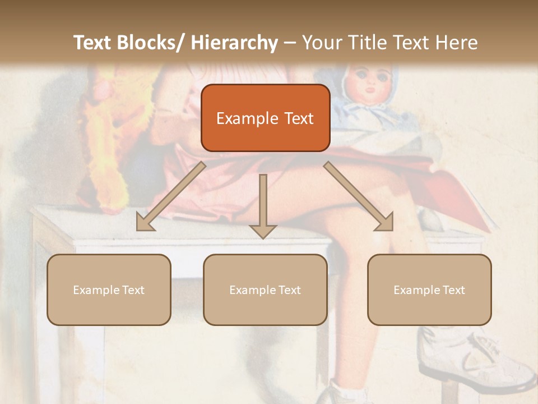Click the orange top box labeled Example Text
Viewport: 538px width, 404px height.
coord(265,118)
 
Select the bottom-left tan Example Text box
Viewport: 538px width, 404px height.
coord(109,290)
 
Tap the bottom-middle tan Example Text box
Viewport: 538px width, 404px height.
coord(265,290)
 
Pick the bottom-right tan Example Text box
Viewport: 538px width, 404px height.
coord(429,290)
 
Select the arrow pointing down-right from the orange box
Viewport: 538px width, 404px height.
coord(359,197)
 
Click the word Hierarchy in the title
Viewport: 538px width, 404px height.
coord(234,43)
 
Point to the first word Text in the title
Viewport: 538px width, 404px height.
coord(93,43)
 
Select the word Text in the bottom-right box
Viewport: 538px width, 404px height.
coord(454,290)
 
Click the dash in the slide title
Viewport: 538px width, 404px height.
coord(290,43)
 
